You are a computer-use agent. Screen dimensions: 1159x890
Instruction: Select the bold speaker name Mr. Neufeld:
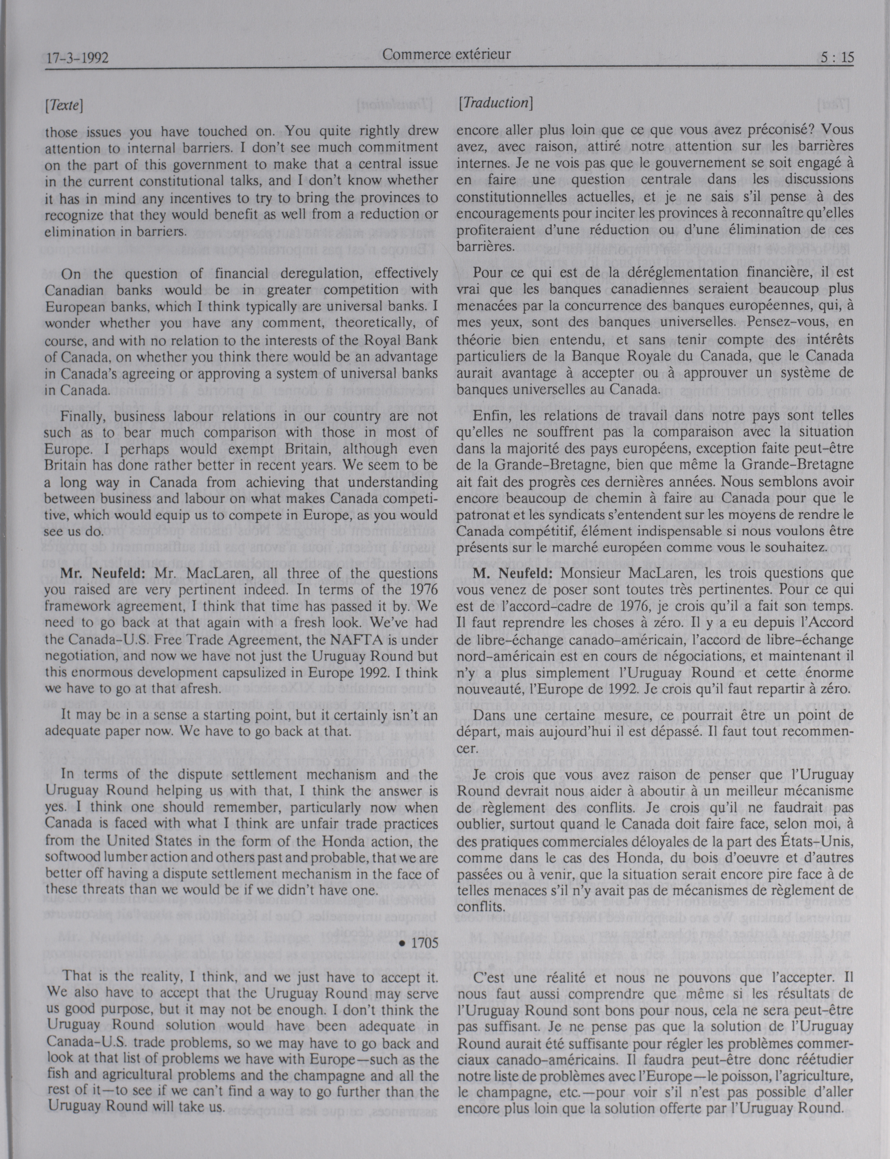105,573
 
